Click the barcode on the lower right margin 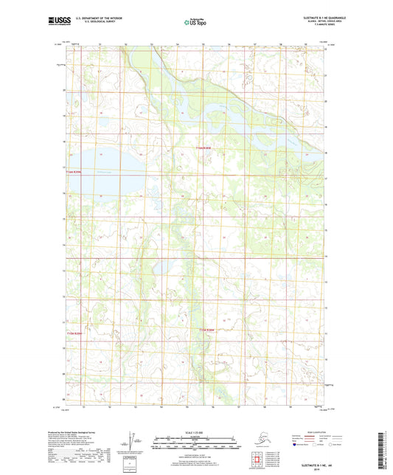click(386, 450)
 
